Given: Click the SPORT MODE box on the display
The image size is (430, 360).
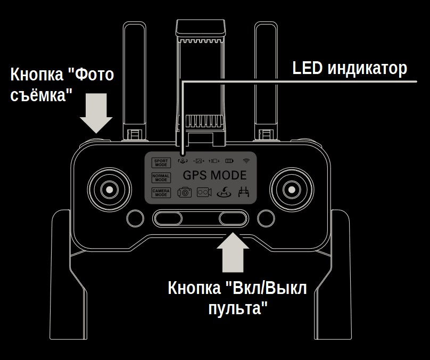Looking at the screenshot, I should coord(161,163).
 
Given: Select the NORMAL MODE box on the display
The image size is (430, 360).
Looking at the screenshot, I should coord(161,178).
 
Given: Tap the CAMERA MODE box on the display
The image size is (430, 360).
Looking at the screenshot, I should coord(161,193).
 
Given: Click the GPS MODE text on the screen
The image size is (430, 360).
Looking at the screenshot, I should coord(214,175).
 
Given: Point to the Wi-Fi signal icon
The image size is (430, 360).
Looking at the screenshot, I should coord(246,160).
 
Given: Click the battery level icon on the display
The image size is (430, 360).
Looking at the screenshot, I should coord(229,160).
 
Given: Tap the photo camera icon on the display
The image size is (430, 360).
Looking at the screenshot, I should coord(184,193).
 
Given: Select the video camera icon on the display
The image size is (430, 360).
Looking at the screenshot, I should coord(204,193).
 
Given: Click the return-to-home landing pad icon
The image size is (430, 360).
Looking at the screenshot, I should coord(225,193).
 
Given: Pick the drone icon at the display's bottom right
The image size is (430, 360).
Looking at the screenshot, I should coord(244,193).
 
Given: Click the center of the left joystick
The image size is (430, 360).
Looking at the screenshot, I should coord(109,189).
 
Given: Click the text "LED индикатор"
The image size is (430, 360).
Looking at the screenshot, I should coord(350,68).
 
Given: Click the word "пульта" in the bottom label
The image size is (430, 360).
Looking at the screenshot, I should coord(237,307).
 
